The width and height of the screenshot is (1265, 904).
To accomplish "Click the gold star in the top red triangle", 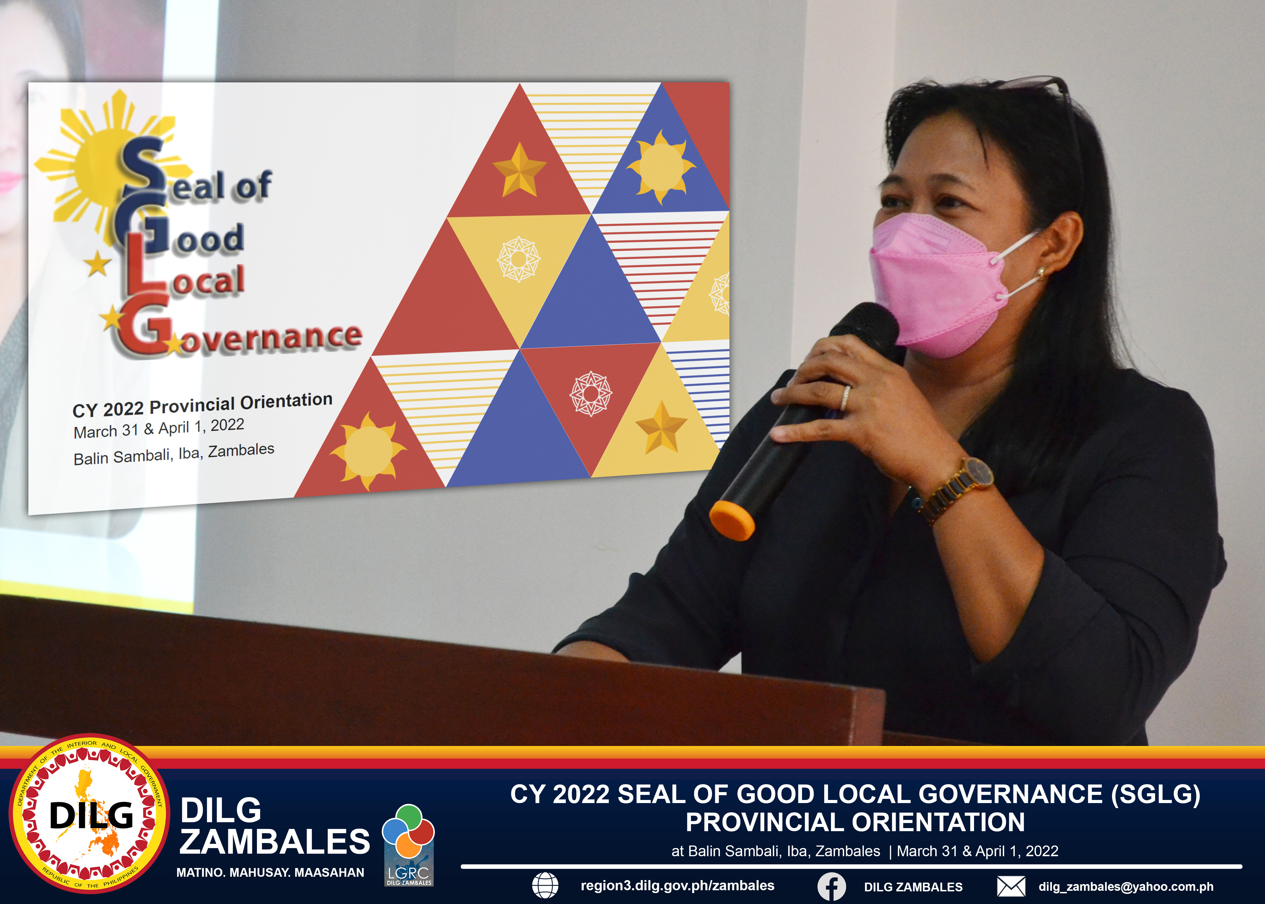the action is pyautogui.click(x=519, y=170).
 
